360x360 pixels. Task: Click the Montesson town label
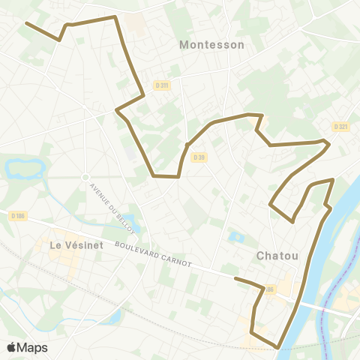point(211,45)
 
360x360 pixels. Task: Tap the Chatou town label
point(277,256)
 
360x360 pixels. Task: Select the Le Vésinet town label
point(74,245)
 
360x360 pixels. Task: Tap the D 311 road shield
point(161,85)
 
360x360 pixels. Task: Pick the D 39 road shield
point(198,157)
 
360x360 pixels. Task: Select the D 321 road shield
point(341,127)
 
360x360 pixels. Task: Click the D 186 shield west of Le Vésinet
point(19,216)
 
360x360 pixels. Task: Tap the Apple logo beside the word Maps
point(12,347)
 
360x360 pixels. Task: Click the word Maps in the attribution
point(33,347)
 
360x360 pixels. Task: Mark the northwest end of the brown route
point(27,23)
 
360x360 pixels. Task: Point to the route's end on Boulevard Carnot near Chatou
point(235,278)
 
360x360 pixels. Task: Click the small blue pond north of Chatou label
point(237,238)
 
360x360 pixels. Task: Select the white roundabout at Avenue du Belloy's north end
point(85,176)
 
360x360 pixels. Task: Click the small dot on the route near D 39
point(186,145)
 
